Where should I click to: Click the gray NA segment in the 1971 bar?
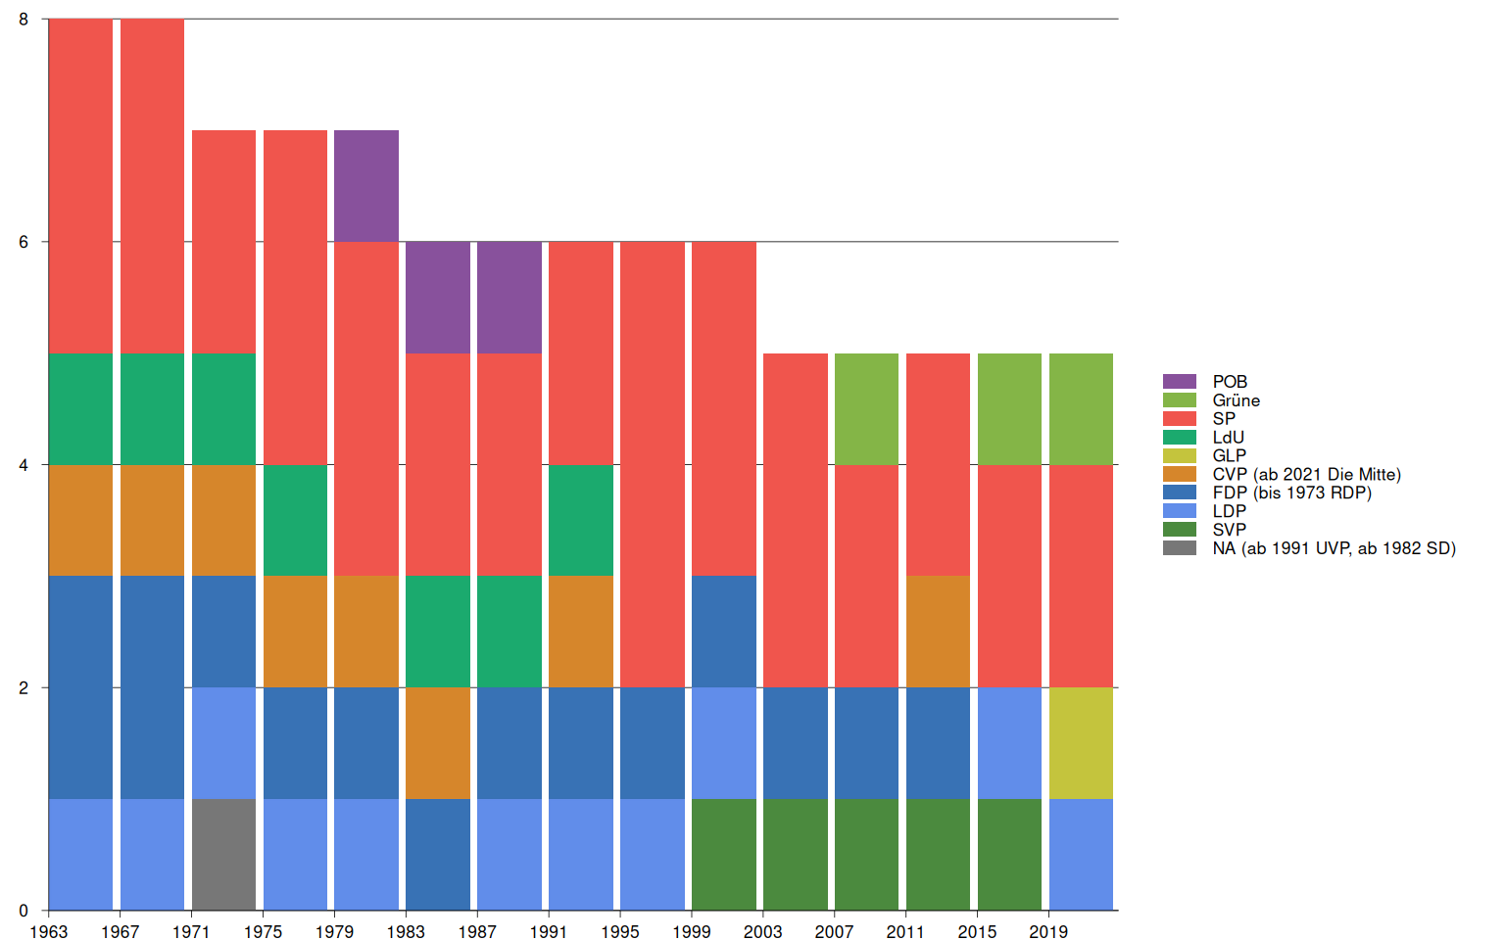pos(223,854)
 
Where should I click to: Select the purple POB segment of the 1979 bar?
pos(366,186)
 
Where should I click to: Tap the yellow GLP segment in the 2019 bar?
pos(1081,742)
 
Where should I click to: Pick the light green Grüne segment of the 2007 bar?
pos(866,408)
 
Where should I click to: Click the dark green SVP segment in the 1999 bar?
pos(724,854)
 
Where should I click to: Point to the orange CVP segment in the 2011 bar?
pos(938,631)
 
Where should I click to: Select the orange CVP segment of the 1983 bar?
pos(438,742)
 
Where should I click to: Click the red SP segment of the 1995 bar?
pos(653,464)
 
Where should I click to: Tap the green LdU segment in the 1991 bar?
pos(581,520)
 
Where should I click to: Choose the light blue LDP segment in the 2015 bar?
pos(1009,742)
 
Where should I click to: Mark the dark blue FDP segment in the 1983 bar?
pos(438,854)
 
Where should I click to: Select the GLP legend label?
pos(1229,455)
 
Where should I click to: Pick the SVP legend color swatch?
pos(1180,530)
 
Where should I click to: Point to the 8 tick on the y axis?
pos(24,20)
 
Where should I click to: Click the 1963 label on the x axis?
pos(49,931)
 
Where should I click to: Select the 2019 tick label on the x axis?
pos(1048,931)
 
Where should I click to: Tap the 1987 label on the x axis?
pos(477,931)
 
